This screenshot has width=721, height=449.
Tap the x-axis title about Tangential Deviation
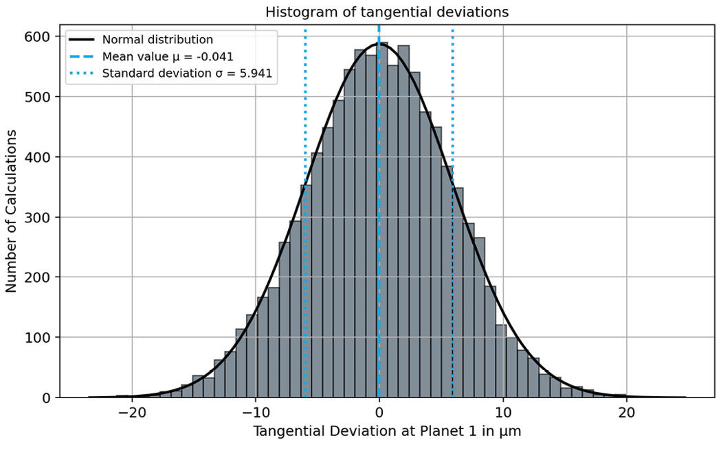point(382,433)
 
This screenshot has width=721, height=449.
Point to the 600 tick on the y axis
point(38,36)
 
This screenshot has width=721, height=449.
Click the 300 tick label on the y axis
point(38,217)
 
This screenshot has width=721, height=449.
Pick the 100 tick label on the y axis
point(38,338)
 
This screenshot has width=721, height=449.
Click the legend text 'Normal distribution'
point(157,39)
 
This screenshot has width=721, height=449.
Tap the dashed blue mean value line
point(379,206)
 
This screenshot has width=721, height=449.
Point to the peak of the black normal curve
point(379,44)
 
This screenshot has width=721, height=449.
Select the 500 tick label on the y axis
point(38,97)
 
